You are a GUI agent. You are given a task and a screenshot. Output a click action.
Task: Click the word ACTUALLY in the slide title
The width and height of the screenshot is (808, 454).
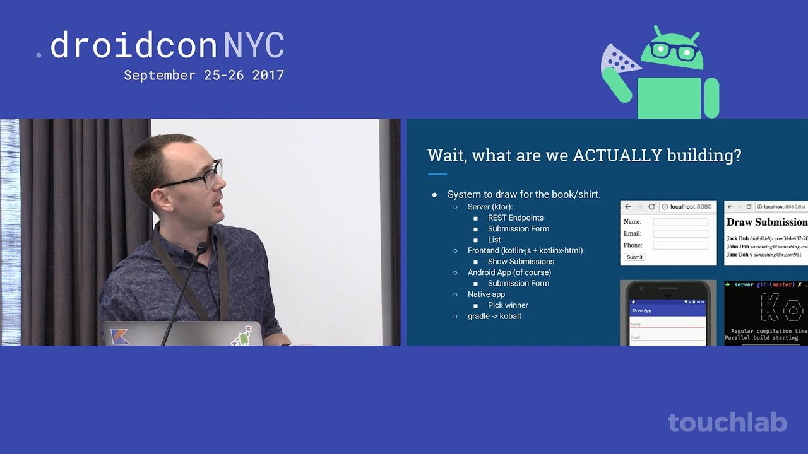point(617,156)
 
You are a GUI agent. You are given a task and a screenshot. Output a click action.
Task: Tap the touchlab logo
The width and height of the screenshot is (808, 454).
point(727,422)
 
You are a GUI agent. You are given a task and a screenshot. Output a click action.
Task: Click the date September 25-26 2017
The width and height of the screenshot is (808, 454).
point(204,75)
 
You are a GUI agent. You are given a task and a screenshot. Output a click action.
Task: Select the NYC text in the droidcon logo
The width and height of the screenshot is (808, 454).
point(254,46)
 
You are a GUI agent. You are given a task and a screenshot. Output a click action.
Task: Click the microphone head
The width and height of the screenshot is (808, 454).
point(202,247)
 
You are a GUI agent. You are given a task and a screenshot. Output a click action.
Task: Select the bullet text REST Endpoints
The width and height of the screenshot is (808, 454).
point(515,218)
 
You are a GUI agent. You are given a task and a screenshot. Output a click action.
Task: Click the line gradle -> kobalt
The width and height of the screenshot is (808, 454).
point(494,316)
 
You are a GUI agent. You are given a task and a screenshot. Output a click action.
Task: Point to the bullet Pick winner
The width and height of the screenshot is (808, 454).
point(508,305)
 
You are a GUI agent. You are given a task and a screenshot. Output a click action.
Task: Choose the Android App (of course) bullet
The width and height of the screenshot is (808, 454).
point(509,272)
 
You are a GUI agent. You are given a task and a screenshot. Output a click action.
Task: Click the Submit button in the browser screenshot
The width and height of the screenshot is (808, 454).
point(634,257)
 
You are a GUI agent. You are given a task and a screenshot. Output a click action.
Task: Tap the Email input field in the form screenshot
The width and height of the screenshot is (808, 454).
point(680,233)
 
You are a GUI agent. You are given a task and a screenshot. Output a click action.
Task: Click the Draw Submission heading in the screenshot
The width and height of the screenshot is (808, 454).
point(766,222)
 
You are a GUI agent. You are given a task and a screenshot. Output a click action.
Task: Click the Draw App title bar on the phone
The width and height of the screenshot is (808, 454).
point(668,310)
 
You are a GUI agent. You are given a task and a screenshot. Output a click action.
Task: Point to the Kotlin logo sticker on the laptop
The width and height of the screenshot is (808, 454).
point(120,336)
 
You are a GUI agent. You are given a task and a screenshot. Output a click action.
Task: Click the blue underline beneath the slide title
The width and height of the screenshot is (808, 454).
point(437,174)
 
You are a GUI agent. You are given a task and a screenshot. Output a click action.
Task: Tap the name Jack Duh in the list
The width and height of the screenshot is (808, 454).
point(737,238)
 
